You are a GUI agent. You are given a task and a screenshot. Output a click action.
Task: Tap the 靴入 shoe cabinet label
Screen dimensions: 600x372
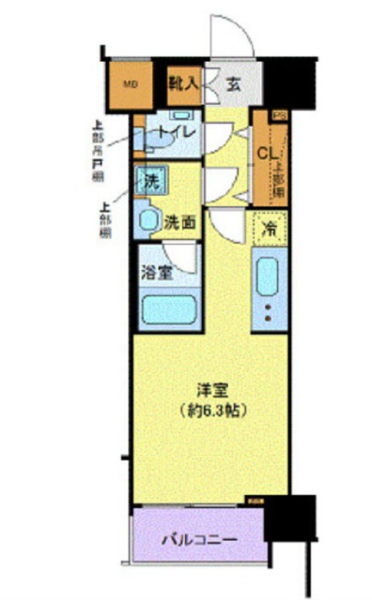tap(182, 83)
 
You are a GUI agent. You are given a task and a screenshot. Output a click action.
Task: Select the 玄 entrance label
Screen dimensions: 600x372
tap(233, 83)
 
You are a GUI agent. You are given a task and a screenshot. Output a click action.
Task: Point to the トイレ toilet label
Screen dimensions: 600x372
tap(176, 133)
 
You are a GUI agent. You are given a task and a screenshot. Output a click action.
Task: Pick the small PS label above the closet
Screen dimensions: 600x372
tap(278, 115)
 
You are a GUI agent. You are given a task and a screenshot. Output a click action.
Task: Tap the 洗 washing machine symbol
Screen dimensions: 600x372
tap(148, 180)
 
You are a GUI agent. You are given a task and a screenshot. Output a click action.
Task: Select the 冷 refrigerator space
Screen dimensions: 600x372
tap(270, 228)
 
